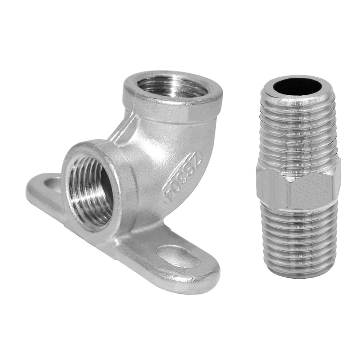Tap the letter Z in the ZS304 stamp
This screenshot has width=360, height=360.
point(196,159)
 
